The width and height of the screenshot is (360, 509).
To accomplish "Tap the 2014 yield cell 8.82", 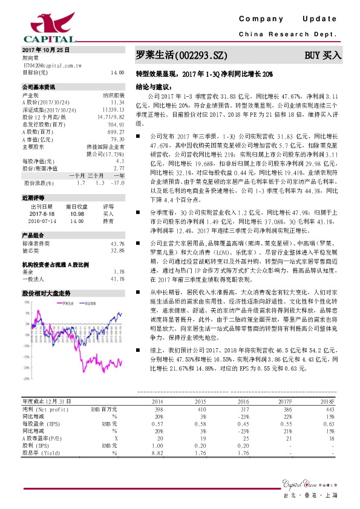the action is tap(158, 452).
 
